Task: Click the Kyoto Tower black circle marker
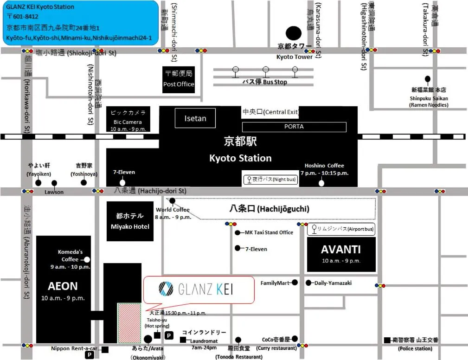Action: [x=293, y=33]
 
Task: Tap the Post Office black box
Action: [x=179, y=79]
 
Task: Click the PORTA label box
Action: [x=294, y=127]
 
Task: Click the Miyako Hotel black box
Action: [x=130, y=221]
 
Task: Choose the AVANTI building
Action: [x=341, y=254]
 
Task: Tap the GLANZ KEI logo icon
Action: [x=166, y=289]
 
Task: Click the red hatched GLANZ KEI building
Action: [x=129, y=323]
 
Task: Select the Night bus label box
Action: [x=271, y=179]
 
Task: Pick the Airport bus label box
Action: [x=343, y=229]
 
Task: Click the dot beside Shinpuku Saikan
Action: [x=427, y=79]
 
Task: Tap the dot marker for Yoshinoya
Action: [x=84, y=182]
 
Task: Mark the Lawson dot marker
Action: [x=54, y=183]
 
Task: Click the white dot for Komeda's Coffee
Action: [x=87, y=259]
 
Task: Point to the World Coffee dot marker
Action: [x=173, y=201]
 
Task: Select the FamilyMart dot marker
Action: [x=295, y=283]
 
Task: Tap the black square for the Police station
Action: [x=387, y=340]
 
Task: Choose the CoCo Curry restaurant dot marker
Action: [x=295, y=339]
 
